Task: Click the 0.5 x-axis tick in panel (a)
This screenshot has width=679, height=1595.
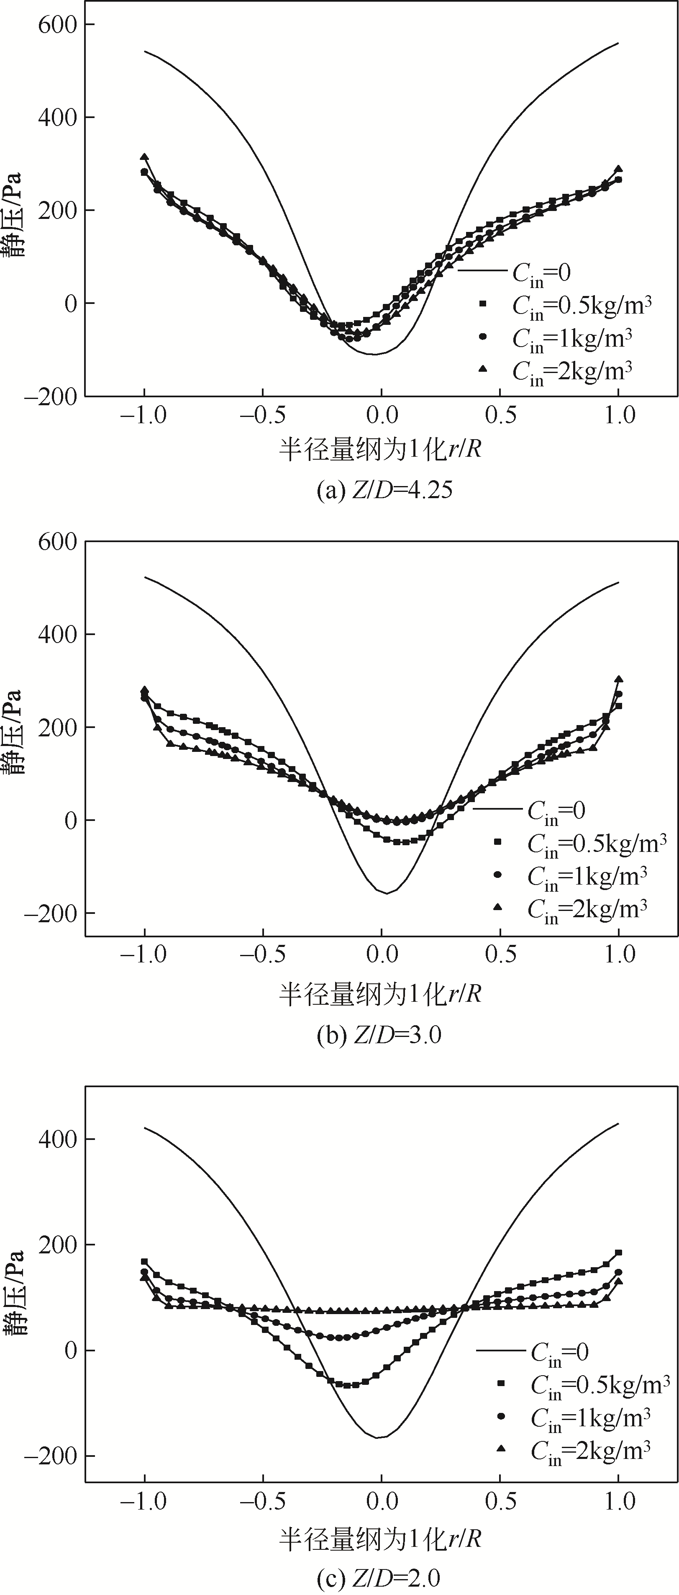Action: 500,414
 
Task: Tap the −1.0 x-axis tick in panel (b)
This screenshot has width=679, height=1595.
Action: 143,954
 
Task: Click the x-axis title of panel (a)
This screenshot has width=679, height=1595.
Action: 380,449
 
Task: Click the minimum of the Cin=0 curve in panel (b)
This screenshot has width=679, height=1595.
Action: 386,893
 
